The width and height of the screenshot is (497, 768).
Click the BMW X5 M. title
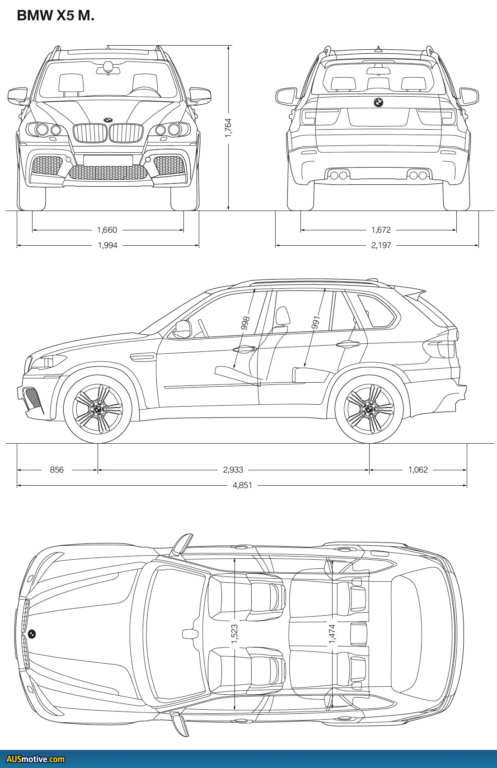coord(56,15)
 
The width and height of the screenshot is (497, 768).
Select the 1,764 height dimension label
coord(228,128)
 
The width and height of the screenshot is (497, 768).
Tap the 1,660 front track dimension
coord(107,230)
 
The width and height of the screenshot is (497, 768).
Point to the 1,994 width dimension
coord(108,245)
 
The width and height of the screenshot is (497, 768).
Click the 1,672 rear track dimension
coord(381,230)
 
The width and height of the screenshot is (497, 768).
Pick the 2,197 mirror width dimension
coord(381,245)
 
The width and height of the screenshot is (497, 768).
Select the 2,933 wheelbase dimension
coord(233,470)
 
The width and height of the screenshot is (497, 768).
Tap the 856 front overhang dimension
coord(57,470)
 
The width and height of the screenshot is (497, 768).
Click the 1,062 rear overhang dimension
coord(418,470)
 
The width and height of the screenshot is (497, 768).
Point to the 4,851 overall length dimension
coord(243,485)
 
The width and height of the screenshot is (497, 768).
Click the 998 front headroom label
coord(245,323)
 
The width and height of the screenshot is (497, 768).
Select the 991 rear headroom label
coord(316,323)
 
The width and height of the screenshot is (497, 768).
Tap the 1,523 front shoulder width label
coord(234,634)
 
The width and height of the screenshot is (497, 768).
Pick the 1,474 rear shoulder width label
coord(332,634)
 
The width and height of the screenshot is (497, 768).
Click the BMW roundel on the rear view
coord(378,103)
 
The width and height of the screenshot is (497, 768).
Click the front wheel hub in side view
coord(98,409)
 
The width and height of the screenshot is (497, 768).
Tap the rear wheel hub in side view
coord(369,409)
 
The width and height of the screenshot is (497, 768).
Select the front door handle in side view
coord(244,349)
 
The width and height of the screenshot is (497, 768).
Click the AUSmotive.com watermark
coord(36,759)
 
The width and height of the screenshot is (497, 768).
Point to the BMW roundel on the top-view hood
coord(32,634)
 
